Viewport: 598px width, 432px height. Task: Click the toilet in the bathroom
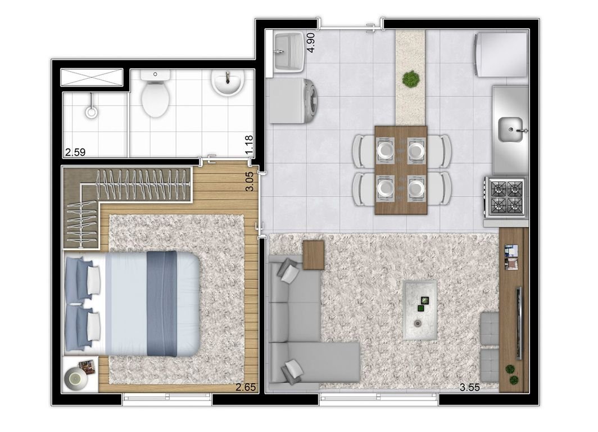click(155, 93)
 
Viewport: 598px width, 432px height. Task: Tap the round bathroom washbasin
click(228, 83)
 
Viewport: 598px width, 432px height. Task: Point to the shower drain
click(92, 112)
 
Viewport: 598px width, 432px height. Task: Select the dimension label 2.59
click(75, 152)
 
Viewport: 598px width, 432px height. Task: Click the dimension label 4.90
click(311, 42)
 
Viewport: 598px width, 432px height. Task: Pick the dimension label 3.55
click(469, 388)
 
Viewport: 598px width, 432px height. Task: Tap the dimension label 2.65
click(246, 388)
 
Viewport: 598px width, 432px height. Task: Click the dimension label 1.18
click(249, 145)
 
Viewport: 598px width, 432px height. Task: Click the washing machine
click(293, 101)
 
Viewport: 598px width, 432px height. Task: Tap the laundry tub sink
click(288, 52)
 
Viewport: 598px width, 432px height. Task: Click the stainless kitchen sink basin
click(511, 130)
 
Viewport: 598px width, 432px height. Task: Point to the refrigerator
click(500, 54)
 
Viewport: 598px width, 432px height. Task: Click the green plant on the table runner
click(411, 79)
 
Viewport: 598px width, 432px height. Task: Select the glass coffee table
click(420, 310)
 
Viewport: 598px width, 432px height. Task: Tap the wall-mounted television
click(519, 323)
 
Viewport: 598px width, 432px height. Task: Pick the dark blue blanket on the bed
click(162, 304)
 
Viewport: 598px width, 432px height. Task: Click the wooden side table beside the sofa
click(314, 255)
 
